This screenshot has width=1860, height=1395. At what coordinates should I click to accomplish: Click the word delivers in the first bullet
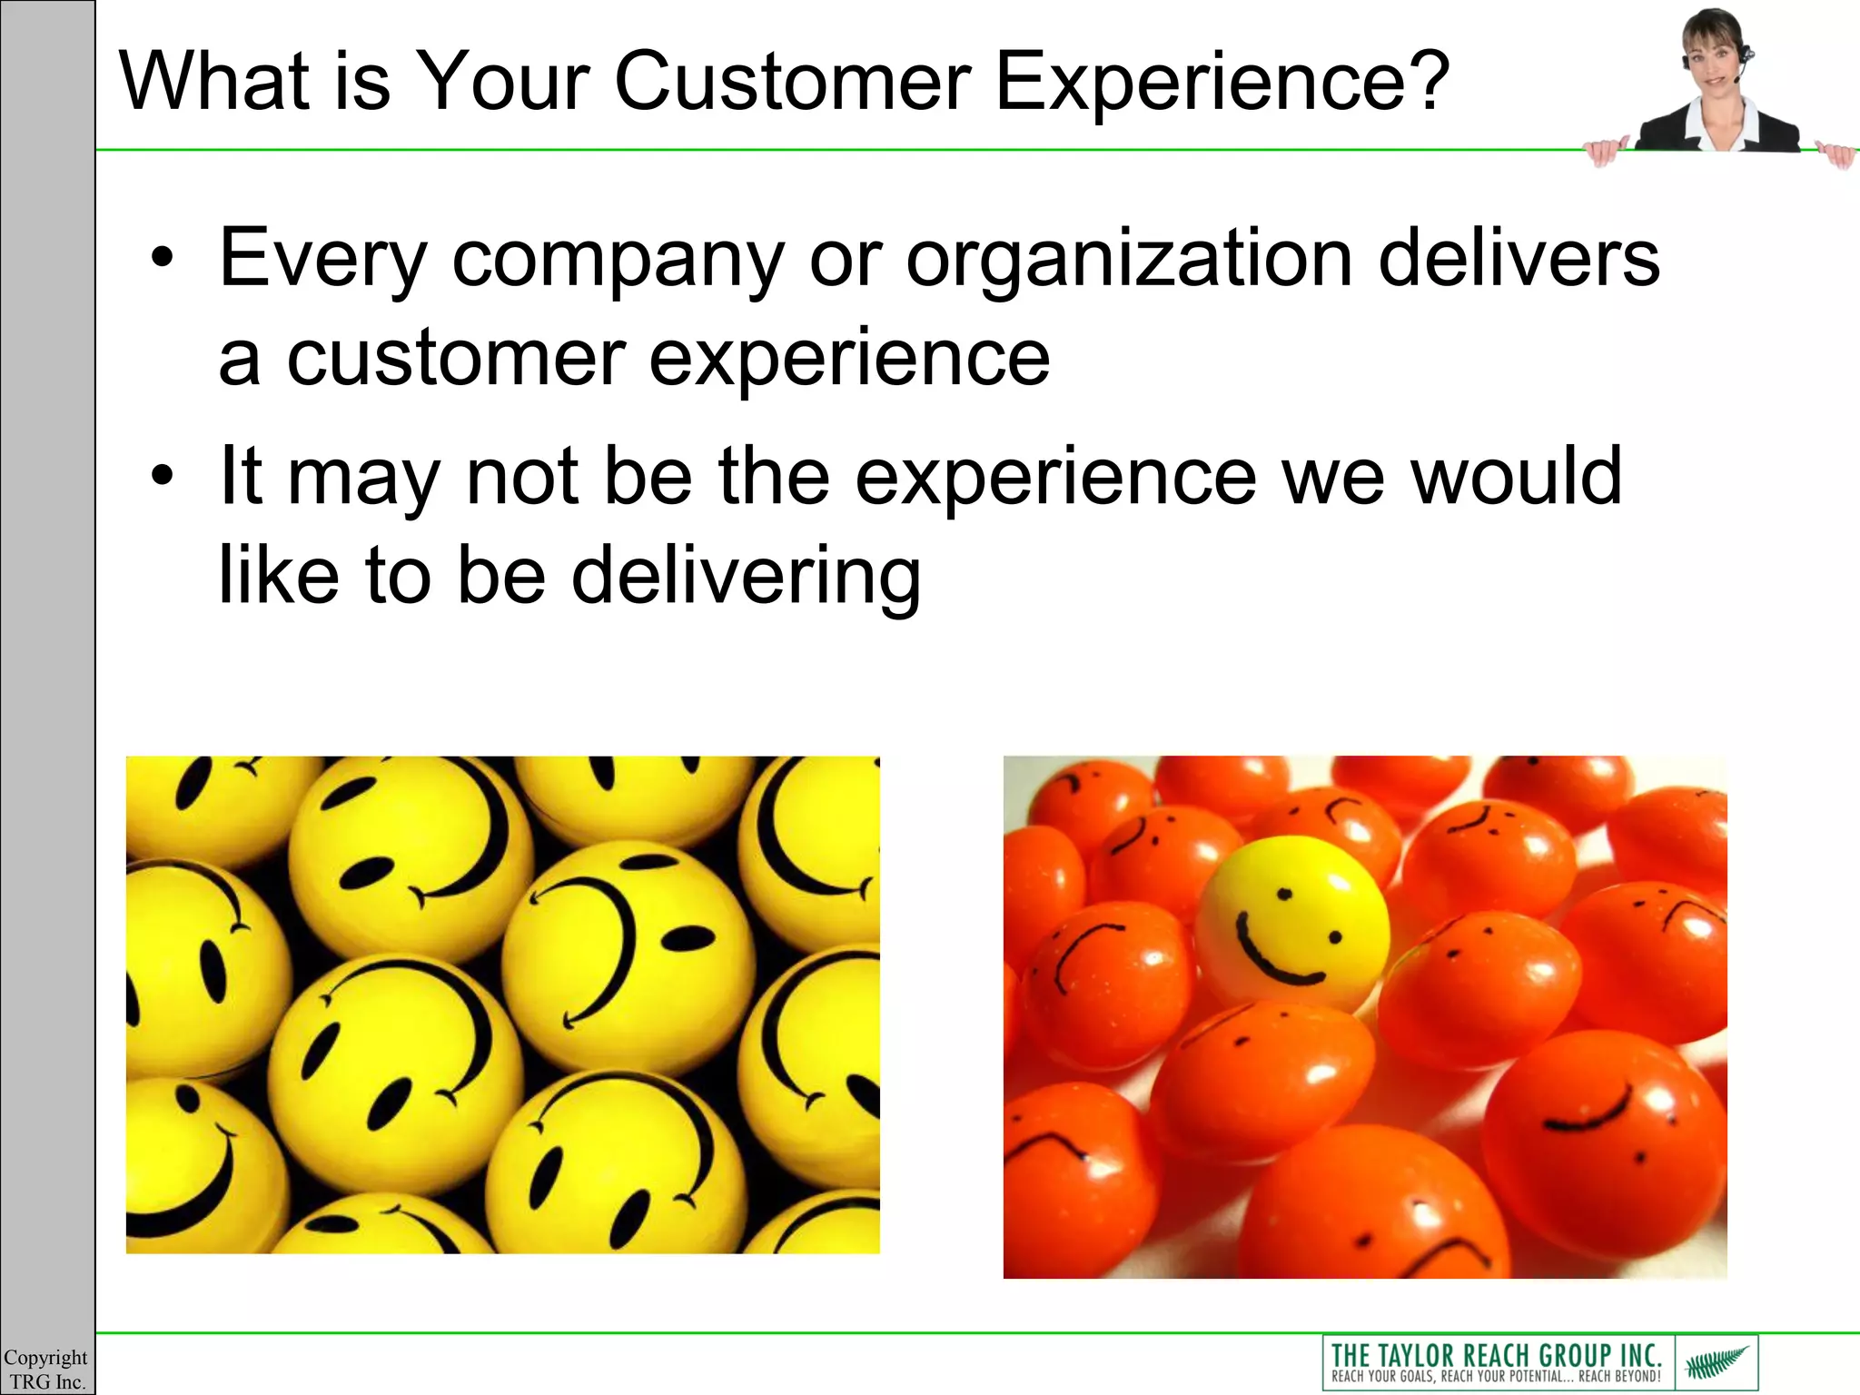tap(1519, 258)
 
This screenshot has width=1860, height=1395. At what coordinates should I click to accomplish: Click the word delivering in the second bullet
tap(746, 576)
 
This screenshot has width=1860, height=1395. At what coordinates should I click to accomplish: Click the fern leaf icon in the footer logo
tap(1716, 1363)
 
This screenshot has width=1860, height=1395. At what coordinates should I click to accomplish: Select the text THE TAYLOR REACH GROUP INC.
tap(1496, 1354)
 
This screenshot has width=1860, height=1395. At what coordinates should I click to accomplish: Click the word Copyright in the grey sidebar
tap(45, 1357)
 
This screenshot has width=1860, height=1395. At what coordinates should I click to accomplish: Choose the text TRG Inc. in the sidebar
tap(47, 1381)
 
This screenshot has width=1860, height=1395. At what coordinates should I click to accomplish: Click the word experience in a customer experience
tap(848, 359)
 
